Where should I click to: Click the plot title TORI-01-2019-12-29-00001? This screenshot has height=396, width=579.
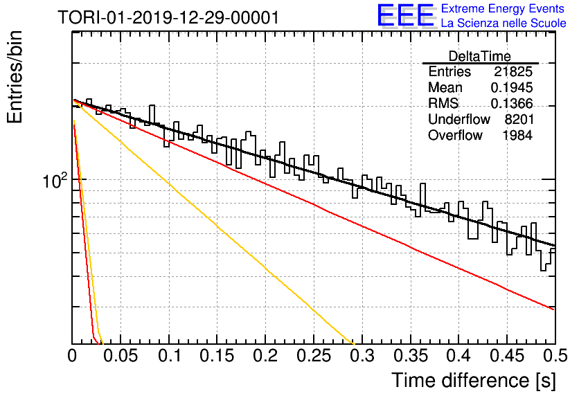(168, 17)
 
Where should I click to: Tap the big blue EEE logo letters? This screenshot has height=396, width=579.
(406, 15)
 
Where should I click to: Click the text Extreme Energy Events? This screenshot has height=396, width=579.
(503, 8)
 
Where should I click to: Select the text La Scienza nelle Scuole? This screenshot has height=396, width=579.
(504, 23)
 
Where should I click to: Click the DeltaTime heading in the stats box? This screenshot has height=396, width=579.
(480, 56)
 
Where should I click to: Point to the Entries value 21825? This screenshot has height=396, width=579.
(513, 71)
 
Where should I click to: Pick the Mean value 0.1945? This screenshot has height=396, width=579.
(512, 87)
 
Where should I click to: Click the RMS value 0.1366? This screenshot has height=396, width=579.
(512, 103)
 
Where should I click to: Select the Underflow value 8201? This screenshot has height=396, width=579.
(519, 119)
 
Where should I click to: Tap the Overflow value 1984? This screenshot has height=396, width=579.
(517, 135)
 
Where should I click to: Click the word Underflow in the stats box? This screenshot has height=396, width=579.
(459, 119)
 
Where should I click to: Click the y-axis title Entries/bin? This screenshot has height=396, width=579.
(15, 77)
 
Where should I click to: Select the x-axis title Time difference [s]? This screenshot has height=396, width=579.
(474, 380)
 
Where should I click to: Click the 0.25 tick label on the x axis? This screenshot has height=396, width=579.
(314, 356)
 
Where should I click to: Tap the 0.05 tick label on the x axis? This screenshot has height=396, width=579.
(121, 356)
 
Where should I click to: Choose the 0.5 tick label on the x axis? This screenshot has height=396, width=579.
(555, 356)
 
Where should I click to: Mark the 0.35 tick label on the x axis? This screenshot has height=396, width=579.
(411, 356)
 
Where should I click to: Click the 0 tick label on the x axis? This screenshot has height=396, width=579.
(72, 356)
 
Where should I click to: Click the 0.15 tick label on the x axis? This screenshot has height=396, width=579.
(217, 356)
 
